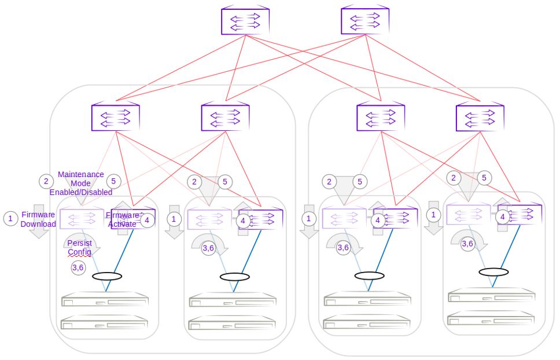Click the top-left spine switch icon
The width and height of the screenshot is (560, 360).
245,21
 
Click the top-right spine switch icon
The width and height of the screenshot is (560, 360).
365,21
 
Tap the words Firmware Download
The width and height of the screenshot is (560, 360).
38,219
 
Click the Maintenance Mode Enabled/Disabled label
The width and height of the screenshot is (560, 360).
81,183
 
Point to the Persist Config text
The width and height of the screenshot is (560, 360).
79,248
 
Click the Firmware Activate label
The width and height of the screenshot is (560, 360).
122,219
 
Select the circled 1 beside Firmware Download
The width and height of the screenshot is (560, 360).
10,219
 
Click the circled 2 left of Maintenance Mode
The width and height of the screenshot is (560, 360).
46,181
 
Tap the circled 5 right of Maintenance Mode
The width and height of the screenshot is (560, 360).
113,181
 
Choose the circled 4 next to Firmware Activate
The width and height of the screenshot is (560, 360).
147,219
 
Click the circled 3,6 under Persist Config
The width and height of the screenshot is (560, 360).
78,268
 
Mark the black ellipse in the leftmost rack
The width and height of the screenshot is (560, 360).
107,276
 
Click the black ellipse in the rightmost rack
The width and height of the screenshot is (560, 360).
493,271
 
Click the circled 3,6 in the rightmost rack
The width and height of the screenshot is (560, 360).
467,244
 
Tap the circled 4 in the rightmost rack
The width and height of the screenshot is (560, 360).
503,216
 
